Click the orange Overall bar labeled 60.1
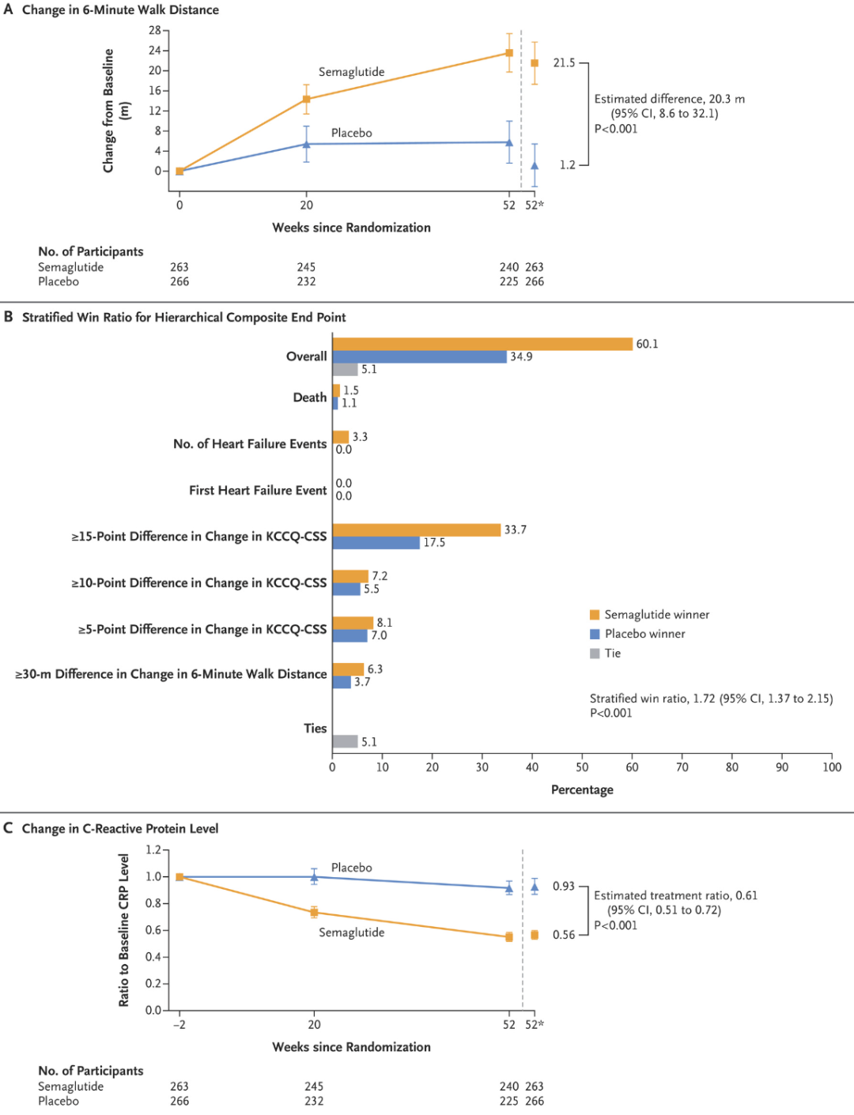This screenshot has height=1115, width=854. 482,344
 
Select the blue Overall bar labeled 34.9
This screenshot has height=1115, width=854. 419,356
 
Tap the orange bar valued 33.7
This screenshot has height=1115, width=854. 416,529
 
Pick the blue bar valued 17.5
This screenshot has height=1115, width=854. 376,543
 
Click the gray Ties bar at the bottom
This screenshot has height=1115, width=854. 345,742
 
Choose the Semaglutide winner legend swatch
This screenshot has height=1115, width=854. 595,615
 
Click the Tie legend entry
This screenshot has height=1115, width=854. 605,654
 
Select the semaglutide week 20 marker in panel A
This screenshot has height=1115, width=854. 306,99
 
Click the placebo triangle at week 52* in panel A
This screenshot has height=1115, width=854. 535,166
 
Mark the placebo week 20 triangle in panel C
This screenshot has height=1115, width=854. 314,877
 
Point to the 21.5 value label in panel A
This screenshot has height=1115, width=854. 564,63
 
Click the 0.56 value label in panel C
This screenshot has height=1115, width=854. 564,935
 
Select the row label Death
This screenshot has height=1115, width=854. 310,397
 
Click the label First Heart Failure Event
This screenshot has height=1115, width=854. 258,490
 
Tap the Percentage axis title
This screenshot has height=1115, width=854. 582,790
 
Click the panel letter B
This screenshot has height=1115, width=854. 8,317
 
